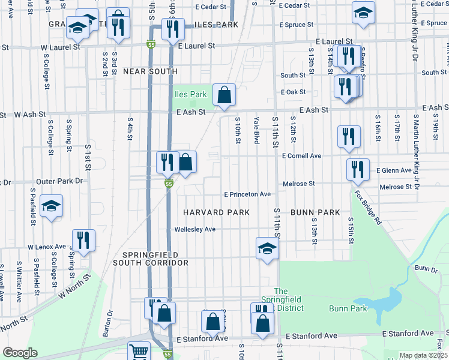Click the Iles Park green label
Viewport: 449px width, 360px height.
coord(190,94)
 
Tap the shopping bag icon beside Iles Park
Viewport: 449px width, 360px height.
coord(224,95)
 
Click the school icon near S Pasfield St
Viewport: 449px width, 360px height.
coord(52,206)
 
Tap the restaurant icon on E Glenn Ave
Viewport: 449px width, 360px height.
coord(358,170)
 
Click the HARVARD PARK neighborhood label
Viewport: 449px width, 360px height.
coord(216,212)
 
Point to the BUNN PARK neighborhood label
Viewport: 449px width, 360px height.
coord(315,212)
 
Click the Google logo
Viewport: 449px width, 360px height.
coord(20,353)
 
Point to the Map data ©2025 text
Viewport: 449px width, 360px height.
coord(423,355)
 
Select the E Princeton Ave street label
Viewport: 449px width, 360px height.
coord(247,194)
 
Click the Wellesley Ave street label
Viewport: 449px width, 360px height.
coord(194,229)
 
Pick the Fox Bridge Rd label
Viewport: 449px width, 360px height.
coord(367,208)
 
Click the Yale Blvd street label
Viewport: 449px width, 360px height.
coord(256,130)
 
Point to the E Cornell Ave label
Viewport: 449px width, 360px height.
coord(302,156)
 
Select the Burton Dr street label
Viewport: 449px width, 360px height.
coord(110,322)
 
